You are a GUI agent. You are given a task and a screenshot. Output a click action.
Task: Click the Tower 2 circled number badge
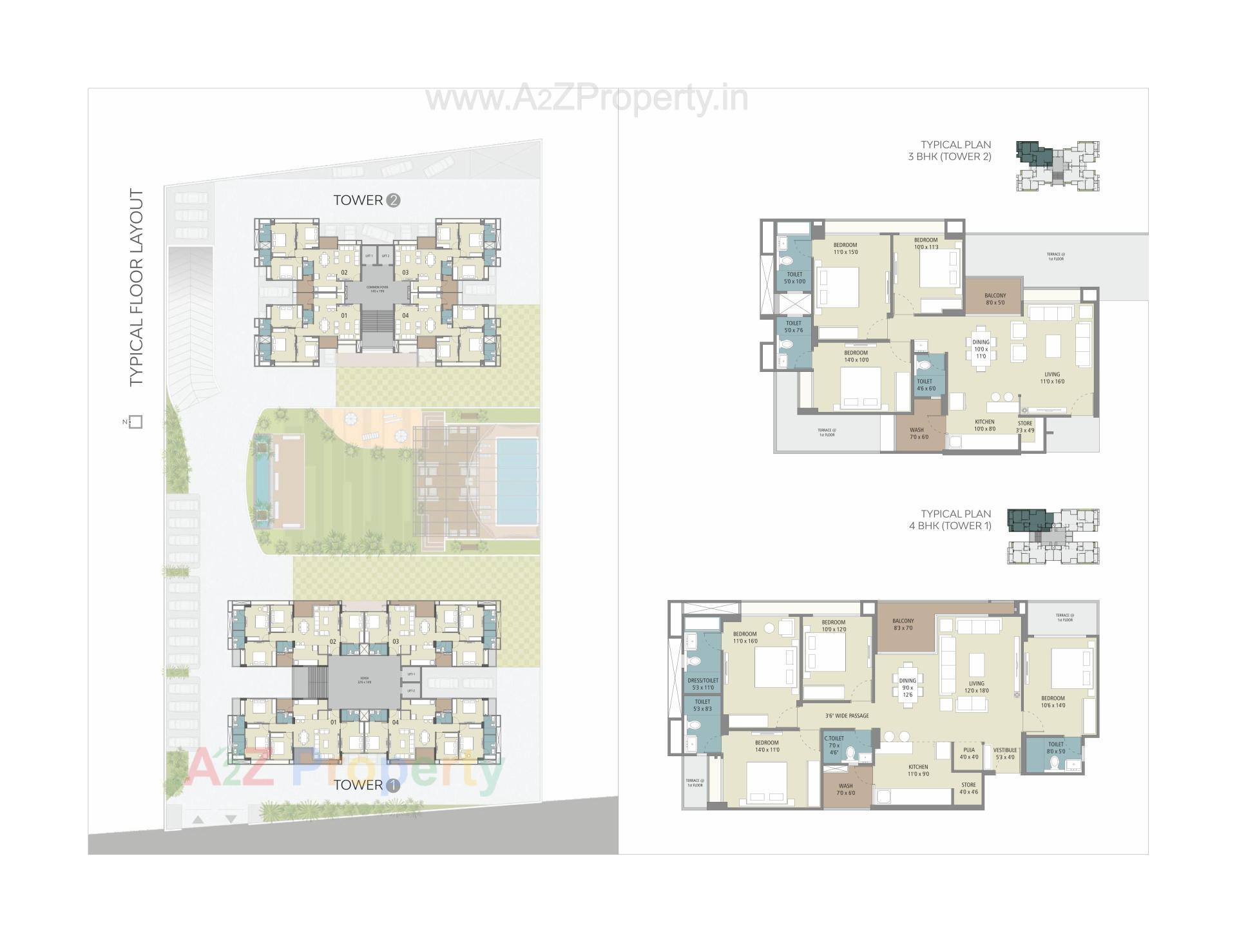[x=394, y=200]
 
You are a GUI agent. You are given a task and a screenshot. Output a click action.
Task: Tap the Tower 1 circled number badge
[x=393, y=786]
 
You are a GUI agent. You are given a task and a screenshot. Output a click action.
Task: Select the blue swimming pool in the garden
[x=517, y=472]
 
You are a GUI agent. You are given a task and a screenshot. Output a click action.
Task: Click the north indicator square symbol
[x=135, y=422]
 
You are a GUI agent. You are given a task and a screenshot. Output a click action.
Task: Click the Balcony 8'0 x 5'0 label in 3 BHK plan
[x=995, y=298]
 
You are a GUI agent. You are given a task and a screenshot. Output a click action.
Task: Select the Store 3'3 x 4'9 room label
[x=1025, y=427]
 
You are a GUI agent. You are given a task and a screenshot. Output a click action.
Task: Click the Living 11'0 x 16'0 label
[x=1052, y=378]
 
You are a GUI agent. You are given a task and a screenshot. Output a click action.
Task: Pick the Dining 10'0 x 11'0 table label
[x=981, y=349]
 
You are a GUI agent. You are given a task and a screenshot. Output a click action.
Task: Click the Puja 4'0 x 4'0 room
[x=969, y=753]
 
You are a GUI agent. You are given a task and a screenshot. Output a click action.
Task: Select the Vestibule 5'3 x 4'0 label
[x=1004, y=753]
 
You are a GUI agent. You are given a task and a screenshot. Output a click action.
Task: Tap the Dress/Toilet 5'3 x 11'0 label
[x=702, y=683]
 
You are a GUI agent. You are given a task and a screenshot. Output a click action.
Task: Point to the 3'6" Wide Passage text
[x=847, y=715]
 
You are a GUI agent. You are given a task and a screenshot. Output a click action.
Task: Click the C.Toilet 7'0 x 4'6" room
[x=834, y=745]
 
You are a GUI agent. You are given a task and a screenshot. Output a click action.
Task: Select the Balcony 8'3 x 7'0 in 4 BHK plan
[x=903, y=624]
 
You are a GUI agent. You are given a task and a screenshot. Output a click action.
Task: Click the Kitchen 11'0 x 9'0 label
[x=918, y=770]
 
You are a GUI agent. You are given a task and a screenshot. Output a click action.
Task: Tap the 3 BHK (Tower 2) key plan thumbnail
[x=1057, y=166]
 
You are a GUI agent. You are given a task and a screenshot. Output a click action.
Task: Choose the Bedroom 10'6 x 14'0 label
[x=1053, y=701]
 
